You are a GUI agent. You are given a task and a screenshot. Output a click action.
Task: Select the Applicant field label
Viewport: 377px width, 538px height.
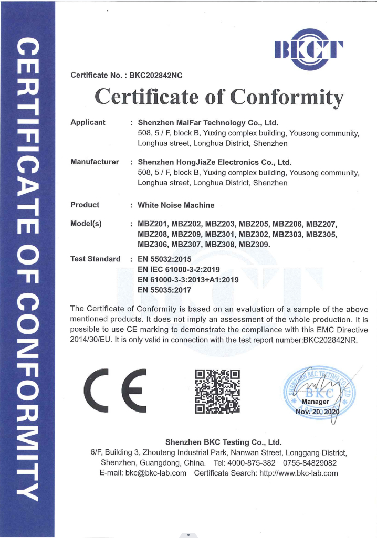click(x=88, y=122)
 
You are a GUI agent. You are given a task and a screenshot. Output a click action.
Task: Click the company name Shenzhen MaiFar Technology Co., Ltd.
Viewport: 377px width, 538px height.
click(x=207, y=123)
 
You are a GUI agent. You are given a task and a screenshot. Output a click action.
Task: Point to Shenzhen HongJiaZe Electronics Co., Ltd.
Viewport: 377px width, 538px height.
click(x=214, y=162)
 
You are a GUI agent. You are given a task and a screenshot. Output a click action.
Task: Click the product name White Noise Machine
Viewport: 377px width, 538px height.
click(x=176, y=205)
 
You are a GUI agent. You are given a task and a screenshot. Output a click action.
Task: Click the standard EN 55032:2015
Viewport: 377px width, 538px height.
click(x=164, y=259)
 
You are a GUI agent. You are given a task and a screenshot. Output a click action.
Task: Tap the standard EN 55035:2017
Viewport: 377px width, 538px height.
click(x=164, y=289)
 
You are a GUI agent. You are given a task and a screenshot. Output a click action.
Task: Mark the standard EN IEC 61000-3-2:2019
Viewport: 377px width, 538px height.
click(x=179, y=269)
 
